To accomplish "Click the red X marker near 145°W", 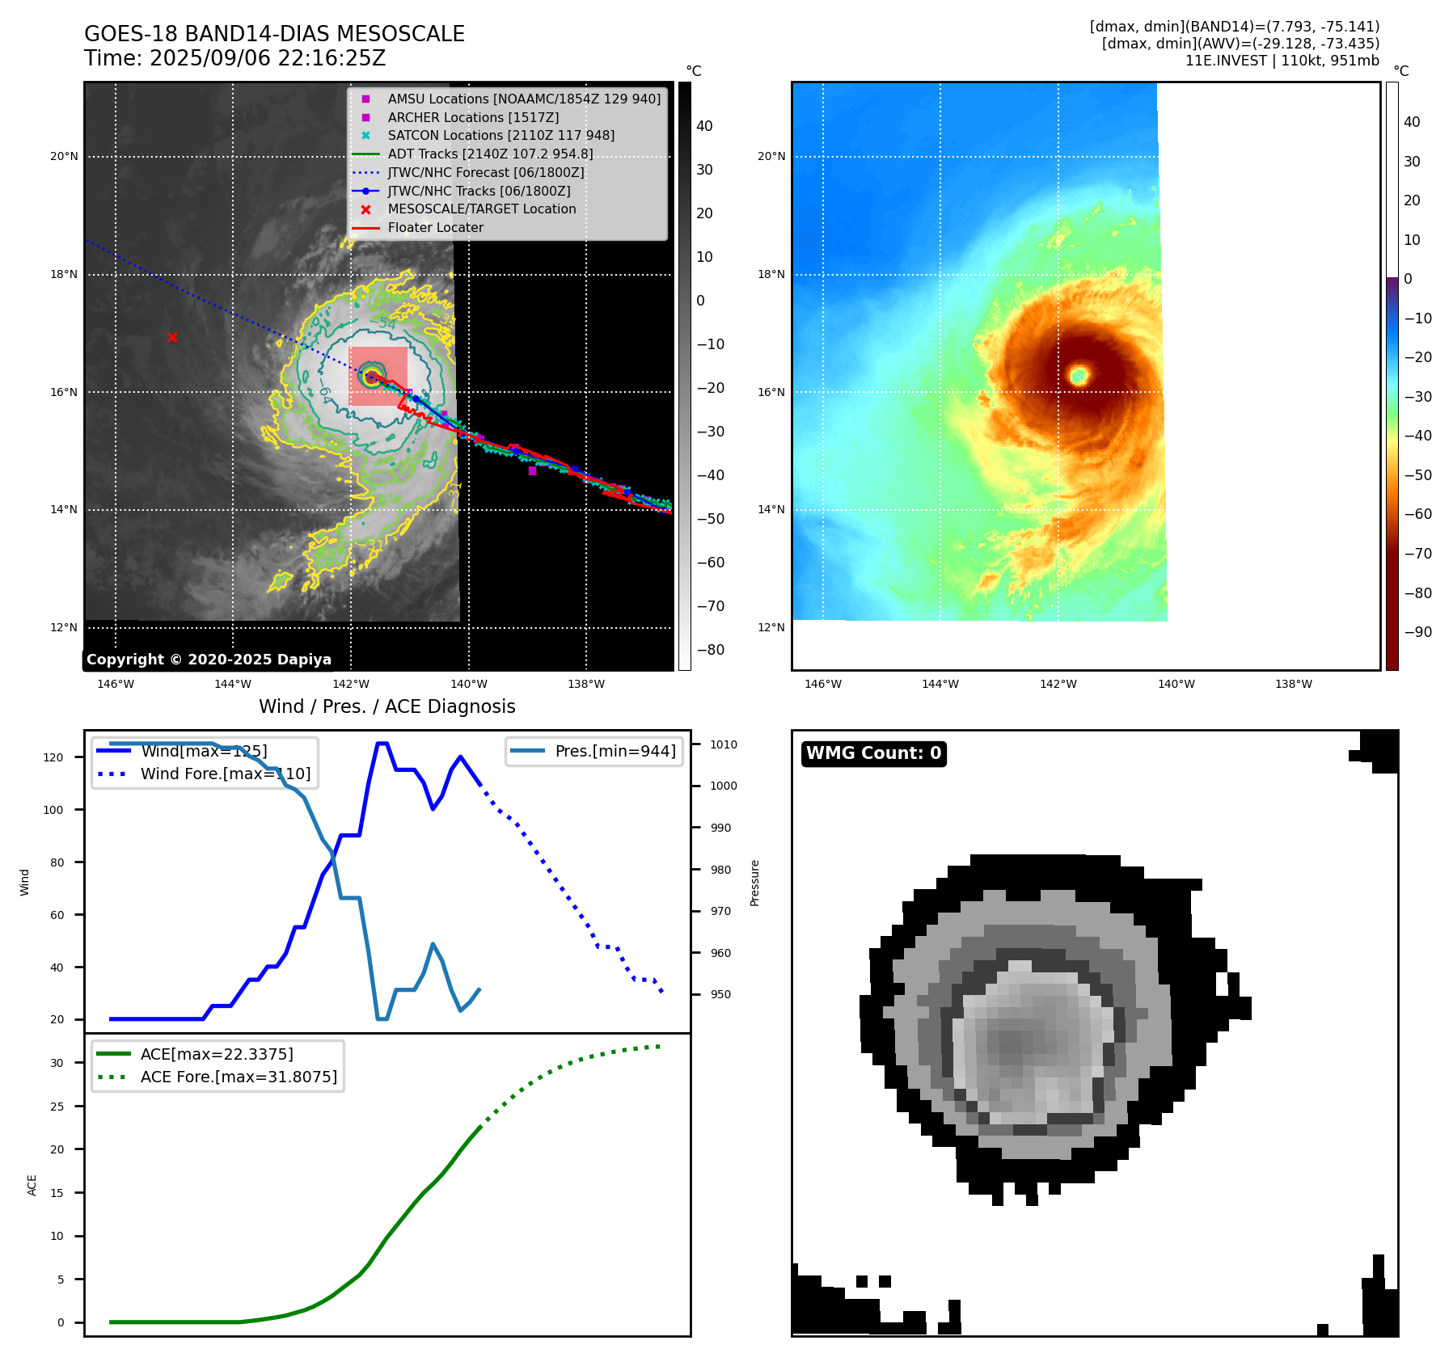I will click(x=172, y=337).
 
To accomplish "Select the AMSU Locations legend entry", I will click(x=523, y=99).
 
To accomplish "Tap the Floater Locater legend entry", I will click(x=435, y=227).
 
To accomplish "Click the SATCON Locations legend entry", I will click(x=501, y=135).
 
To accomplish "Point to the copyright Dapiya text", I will click(x=209, y=660).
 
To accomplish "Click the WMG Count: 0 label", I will click(x=873, y=753).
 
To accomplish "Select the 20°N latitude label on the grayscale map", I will click(x=64, y=157).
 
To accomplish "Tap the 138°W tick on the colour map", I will click(x=1293, y=685).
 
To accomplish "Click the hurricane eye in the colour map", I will click(x=1079, y=374).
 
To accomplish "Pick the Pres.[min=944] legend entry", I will click(x=615, y=751).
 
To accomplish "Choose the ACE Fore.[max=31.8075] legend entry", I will click(x=238, y=1077).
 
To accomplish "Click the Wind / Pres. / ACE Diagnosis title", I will click(x=386, y=706).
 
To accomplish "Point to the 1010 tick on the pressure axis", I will click(x=724, y=744).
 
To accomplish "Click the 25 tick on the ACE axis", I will click(x=57, y=1107).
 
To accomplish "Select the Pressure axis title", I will click(x=754, y=883).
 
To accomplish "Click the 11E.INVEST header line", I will click(x=1282, y=61).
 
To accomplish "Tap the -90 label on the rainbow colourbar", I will click(x=1417, y=632).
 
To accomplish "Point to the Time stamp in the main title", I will click(x=234, y=58).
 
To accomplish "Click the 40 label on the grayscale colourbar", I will click(x=704, y=126).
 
